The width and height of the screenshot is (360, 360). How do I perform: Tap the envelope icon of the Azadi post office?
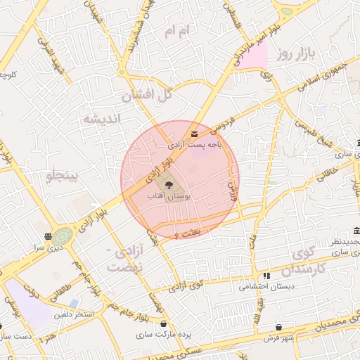[194, 134]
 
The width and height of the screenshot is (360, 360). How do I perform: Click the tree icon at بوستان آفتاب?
[169, 184]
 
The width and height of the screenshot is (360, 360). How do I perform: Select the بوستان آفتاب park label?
[167, 197]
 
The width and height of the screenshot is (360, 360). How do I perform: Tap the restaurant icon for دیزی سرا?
[48, 236]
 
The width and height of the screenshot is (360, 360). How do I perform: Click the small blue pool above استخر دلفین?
[74, 303]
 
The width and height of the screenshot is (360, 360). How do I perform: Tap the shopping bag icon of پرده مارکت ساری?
[164, 324]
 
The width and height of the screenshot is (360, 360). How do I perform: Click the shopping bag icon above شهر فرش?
[280, 328]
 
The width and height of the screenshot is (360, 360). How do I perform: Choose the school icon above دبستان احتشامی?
[266, 276]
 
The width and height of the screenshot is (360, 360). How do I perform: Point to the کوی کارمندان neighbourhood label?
[304, 262]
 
